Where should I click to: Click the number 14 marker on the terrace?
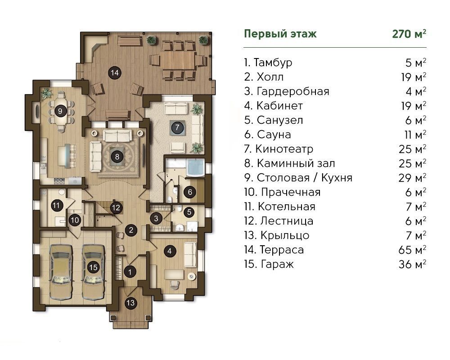pyautogui.click(x=114, y=73)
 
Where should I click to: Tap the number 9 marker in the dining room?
pyautogui.click(x=60, y=111)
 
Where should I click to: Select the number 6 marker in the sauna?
pyautogui.click(x=190, y=192)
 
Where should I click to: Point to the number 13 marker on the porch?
pyautogui.click(x=130, y=303)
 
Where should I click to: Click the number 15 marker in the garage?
pyautogui.click(x=93, y=268)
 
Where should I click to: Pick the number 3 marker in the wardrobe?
pyautogui.click(x=156, y=218)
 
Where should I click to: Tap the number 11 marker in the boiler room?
pyautogui.click(x=57, y=205)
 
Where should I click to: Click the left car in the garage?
pyautogui.click(x=61, y=272)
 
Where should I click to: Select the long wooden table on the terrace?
pyautogui.click(x=178, y=60)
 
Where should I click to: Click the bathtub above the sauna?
pyautogui.click(x=195, y=167)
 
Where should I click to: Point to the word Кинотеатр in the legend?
pyautogui.click(x=284, y=149)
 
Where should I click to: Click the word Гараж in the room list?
pyautogui.click(x=277, y=265)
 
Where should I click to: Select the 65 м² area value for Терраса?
pyautogui.click(x=412, y=250)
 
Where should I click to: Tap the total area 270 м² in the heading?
pyautogui.click(x=409, y=34)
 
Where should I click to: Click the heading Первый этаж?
pyautogui.click(x=280, y=34)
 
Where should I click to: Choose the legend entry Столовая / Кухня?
pyautogui.click(x=304, y=178)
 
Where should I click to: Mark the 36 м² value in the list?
pyautogui.click(x=412, y=264)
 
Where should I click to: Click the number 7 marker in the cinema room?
pyautogui.click(x=177, y=127)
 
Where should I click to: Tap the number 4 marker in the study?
pyautogui.click(x=170, y=251)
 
